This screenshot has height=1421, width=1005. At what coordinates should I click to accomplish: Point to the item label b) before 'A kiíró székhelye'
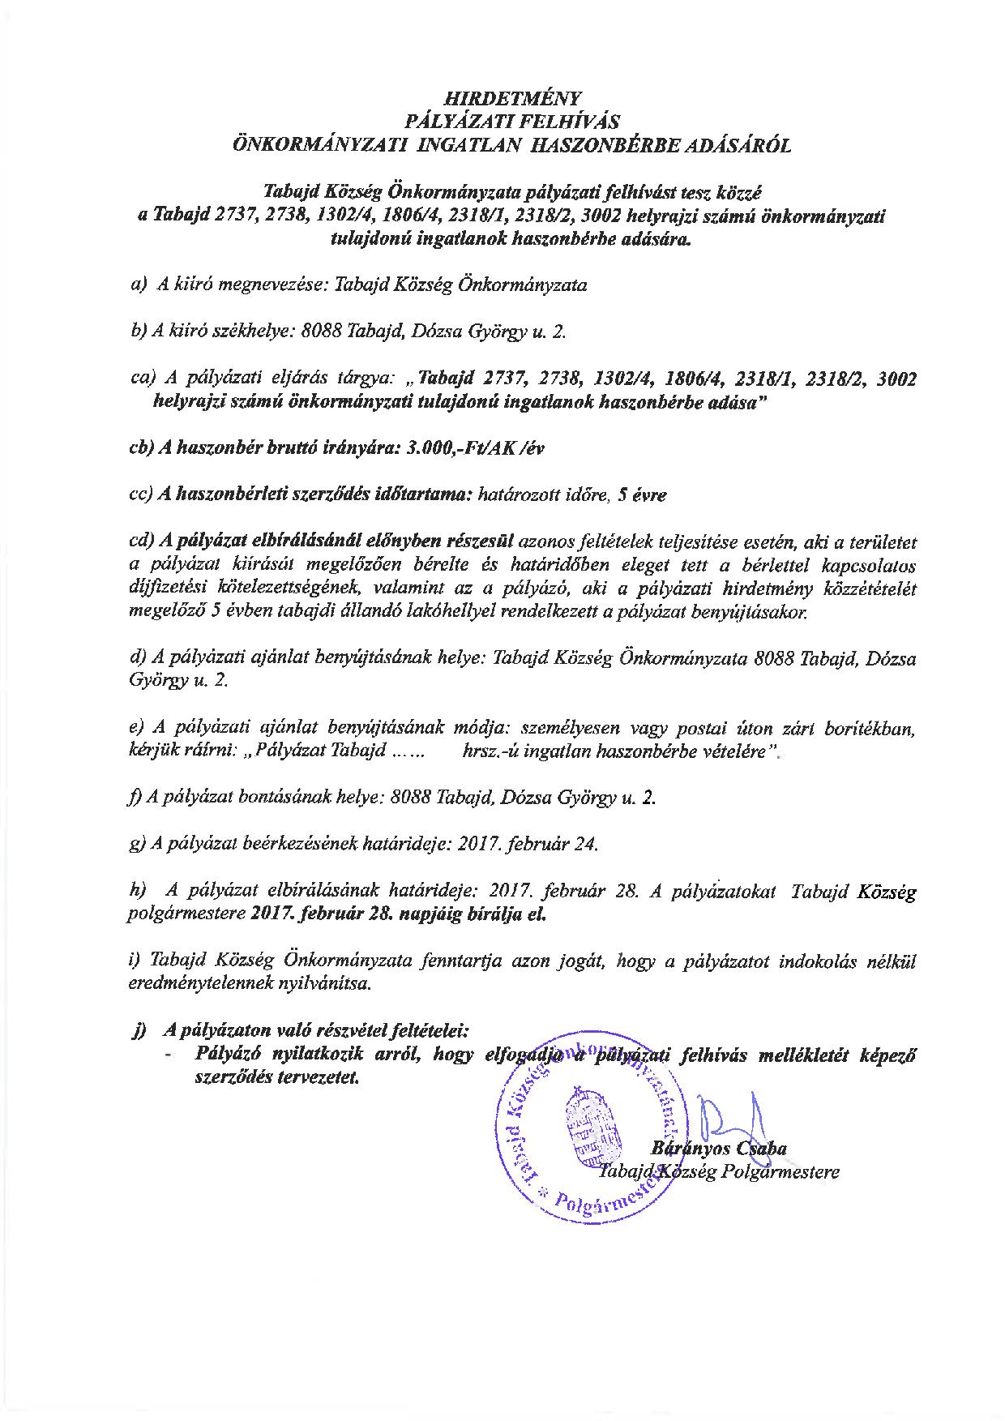tap(137, 332)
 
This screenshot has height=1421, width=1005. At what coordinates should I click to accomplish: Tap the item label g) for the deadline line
tap(137, 844)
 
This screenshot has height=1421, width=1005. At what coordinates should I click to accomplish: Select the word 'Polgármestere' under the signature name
tap(789, 1172)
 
